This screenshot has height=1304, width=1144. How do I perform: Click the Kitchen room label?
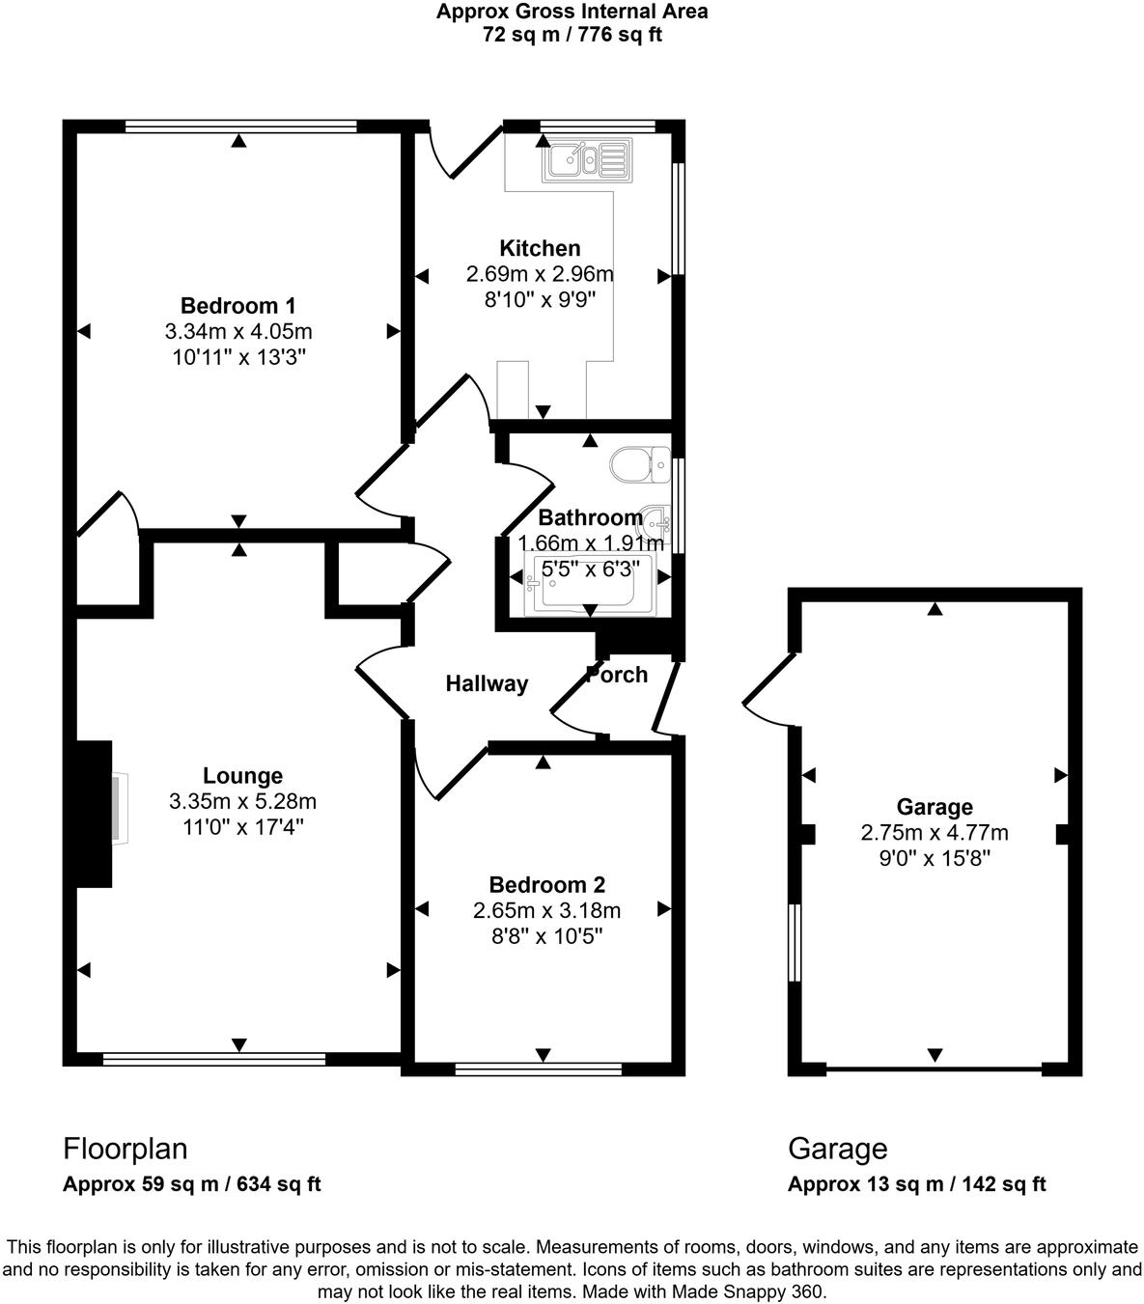point(540,248)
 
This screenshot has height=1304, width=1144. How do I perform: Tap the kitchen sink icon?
point(587,159)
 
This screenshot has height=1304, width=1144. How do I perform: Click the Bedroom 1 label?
point(237,306)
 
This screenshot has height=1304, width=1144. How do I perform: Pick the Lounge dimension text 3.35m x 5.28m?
point(242,801)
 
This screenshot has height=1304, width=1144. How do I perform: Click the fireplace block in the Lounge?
point(94,813)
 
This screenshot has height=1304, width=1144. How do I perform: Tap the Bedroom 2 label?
point(546,884)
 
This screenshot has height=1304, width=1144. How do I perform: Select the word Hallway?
point(487,684)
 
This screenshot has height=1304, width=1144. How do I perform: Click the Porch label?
point(618,675)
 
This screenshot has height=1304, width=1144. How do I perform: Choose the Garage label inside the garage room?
point(935,807)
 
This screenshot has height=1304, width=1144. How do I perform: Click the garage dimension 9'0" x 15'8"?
point(935,858)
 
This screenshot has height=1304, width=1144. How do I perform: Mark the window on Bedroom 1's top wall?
point(240,125)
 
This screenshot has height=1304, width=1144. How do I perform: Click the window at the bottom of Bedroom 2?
point(539,1068)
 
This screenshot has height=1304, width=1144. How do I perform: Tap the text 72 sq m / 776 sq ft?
point(572,36)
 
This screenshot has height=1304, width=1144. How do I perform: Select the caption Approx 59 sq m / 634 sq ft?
point(191,1184)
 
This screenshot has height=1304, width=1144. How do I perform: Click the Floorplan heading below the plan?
point(125,1149)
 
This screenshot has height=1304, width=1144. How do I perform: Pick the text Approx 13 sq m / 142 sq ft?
point(916,1184)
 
